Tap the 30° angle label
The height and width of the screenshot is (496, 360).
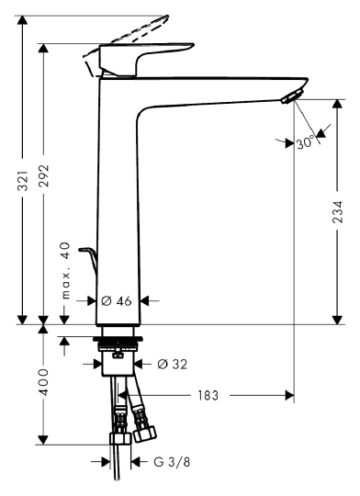tap(306, 142)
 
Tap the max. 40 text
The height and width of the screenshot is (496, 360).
tap(64, 271)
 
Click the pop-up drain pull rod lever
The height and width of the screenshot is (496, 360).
tap(89, 258)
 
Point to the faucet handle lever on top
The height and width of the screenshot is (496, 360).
tap(147, 55)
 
